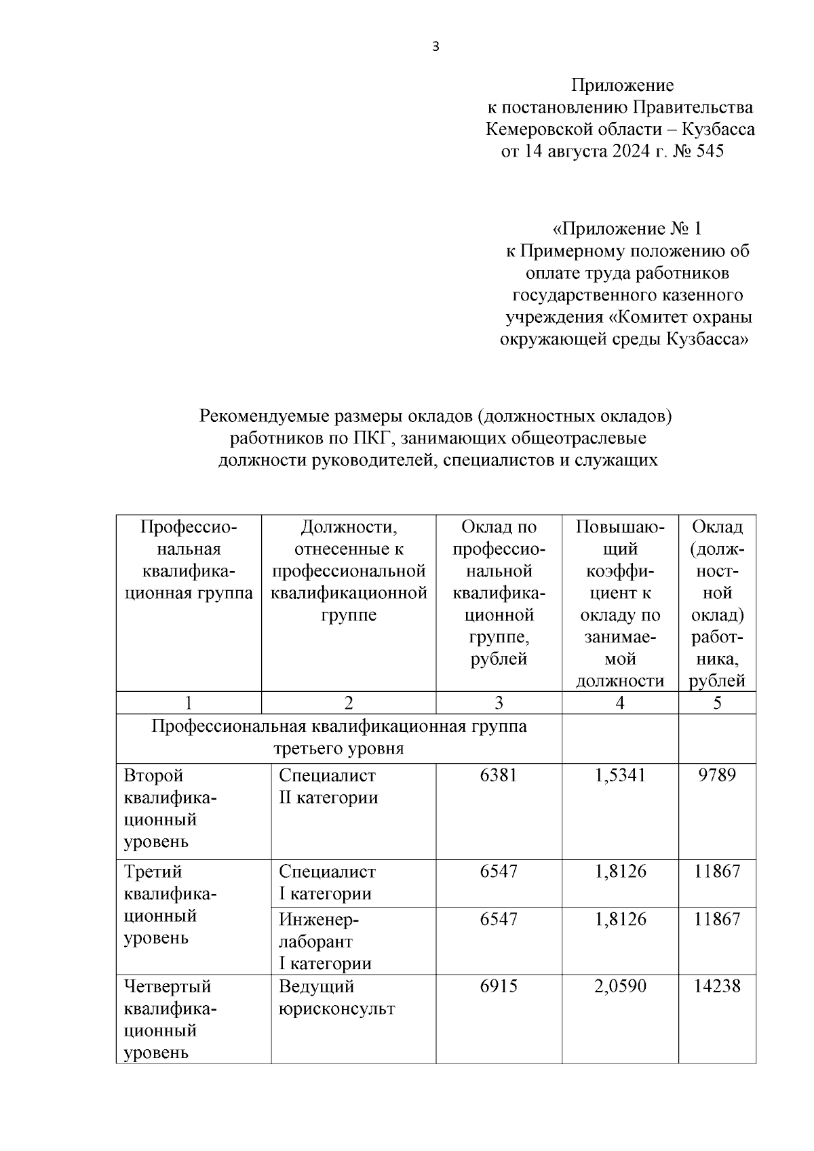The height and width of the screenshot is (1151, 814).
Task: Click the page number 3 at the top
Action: pyautogui.click(x=435, y=47)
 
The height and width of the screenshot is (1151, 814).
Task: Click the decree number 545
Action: pyautogui.click(x=710, y=151)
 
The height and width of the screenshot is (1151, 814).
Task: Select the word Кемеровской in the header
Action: pyautogui.click(x=533, y=129)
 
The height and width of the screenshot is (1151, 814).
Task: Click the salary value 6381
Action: pyautogui.click(x=499, y=775)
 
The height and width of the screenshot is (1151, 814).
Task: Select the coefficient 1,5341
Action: pyautogui.click(x=620, y=775)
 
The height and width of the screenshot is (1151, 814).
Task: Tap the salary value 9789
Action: pyautogui.click(x=717, y=775)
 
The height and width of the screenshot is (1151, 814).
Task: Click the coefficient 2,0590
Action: pyautogui.click(x=620, y=986)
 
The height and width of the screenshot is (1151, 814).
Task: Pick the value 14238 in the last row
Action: pyautogui.click(x=717, y=986)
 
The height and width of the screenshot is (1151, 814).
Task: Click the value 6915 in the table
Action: pyautogui.click(x=499, y=986)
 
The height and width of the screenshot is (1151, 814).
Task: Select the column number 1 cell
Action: pyautogui.click(x=188, y=703)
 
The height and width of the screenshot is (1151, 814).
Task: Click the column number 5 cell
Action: pyautogui.click(x=717, y=703)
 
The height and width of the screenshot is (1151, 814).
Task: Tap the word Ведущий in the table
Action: pyautogui.click(x=317, y=986)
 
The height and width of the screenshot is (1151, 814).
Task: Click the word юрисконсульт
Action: pyautogui.click(x=336, y=1009)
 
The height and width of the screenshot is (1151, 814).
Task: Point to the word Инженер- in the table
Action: pyautogui.click(x=319, y=920)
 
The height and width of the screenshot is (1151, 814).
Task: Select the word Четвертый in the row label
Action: pyautogui.click(x=168, y=986)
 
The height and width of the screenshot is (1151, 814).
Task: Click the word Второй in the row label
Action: pyautogui.click(x=154, y=775)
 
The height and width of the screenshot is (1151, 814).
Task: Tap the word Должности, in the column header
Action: pyautogui.click(x=349, y=527)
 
